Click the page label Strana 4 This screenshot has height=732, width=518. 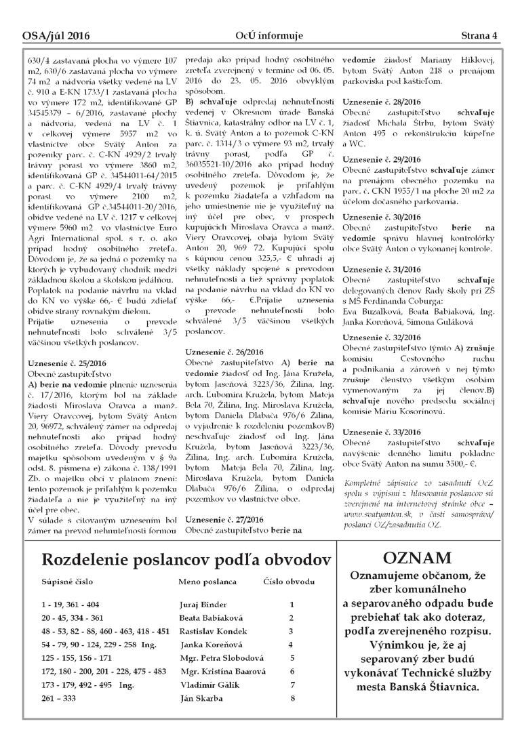pos(479,35)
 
